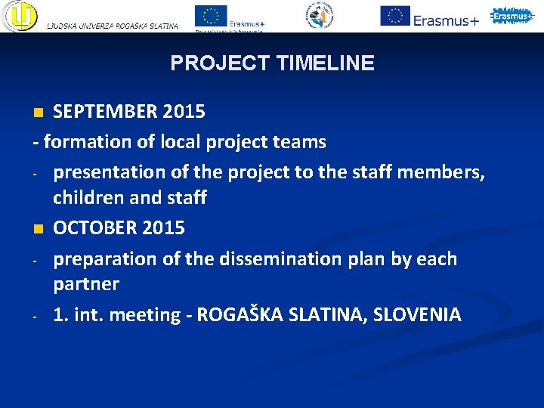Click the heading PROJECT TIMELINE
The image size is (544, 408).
coord(272,63)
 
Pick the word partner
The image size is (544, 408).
coord(86,285)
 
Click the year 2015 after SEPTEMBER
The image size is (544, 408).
coord(182,112)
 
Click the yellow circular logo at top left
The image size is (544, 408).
coord(20,17)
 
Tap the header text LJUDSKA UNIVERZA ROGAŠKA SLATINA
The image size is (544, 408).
coord(113,26)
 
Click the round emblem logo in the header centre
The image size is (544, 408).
coord(320,15)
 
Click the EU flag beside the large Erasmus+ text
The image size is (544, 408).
coord(394,15)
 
